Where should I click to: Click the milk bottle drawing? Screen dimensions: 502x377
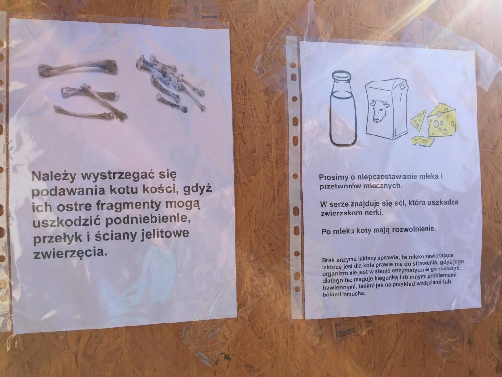tap(343, 108)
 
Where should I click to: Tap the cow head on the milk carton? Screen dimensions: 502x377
tap(380, 111)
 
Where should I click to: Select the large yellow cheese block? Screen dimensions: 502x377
tap(443, 120)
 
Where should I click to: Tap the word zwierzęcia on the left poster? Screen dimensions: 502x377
tap(69, 253)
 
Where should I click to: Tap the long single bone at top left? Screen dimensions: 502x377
tap(78, 68)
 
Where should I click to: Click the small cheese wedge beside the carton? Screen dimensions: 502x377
tap(419, 120)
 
